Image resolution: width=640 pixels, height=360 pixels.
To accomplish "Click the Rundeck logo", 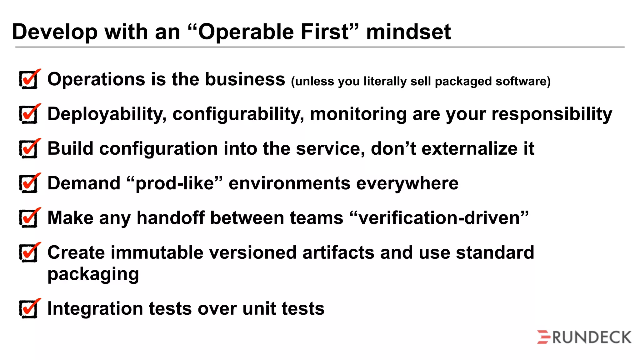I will click(x=584, y=337).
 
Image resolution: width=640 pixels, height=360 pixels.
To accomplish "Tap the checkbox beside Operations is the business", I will click(x=29, y=80).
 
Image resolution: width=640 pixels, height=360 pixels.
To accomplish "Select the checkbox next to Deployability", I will click(x=29, y=114).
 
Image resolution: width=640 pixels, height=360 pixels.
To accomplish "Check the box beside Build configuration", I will click(x=29, y=149).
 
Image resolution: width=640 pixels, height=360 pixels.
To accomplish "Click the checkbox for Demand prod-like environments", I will click(x=29, y=184).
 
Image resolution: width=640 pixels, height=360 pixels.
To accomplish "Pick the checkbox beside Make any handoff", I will click(x=29, y=218).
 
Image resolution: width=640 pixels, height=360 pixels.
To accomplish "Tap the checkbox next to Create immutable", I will click(x=29, y=253).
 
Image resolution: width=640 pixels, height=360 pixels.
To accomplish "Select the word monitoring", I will click(x=358, y=114).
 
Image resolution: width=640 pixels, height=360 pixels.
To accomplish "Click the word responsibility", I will click(x=552, y=114).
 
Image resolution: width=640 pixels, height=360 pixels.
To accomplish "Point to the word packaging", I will click(x=93, y=275).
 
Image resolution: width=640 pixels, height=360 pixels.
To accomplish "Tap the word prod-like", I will click(x=175, y=183).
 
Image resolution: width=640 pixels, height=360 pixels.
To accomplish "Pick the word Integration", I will click(x=95, y=309).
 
